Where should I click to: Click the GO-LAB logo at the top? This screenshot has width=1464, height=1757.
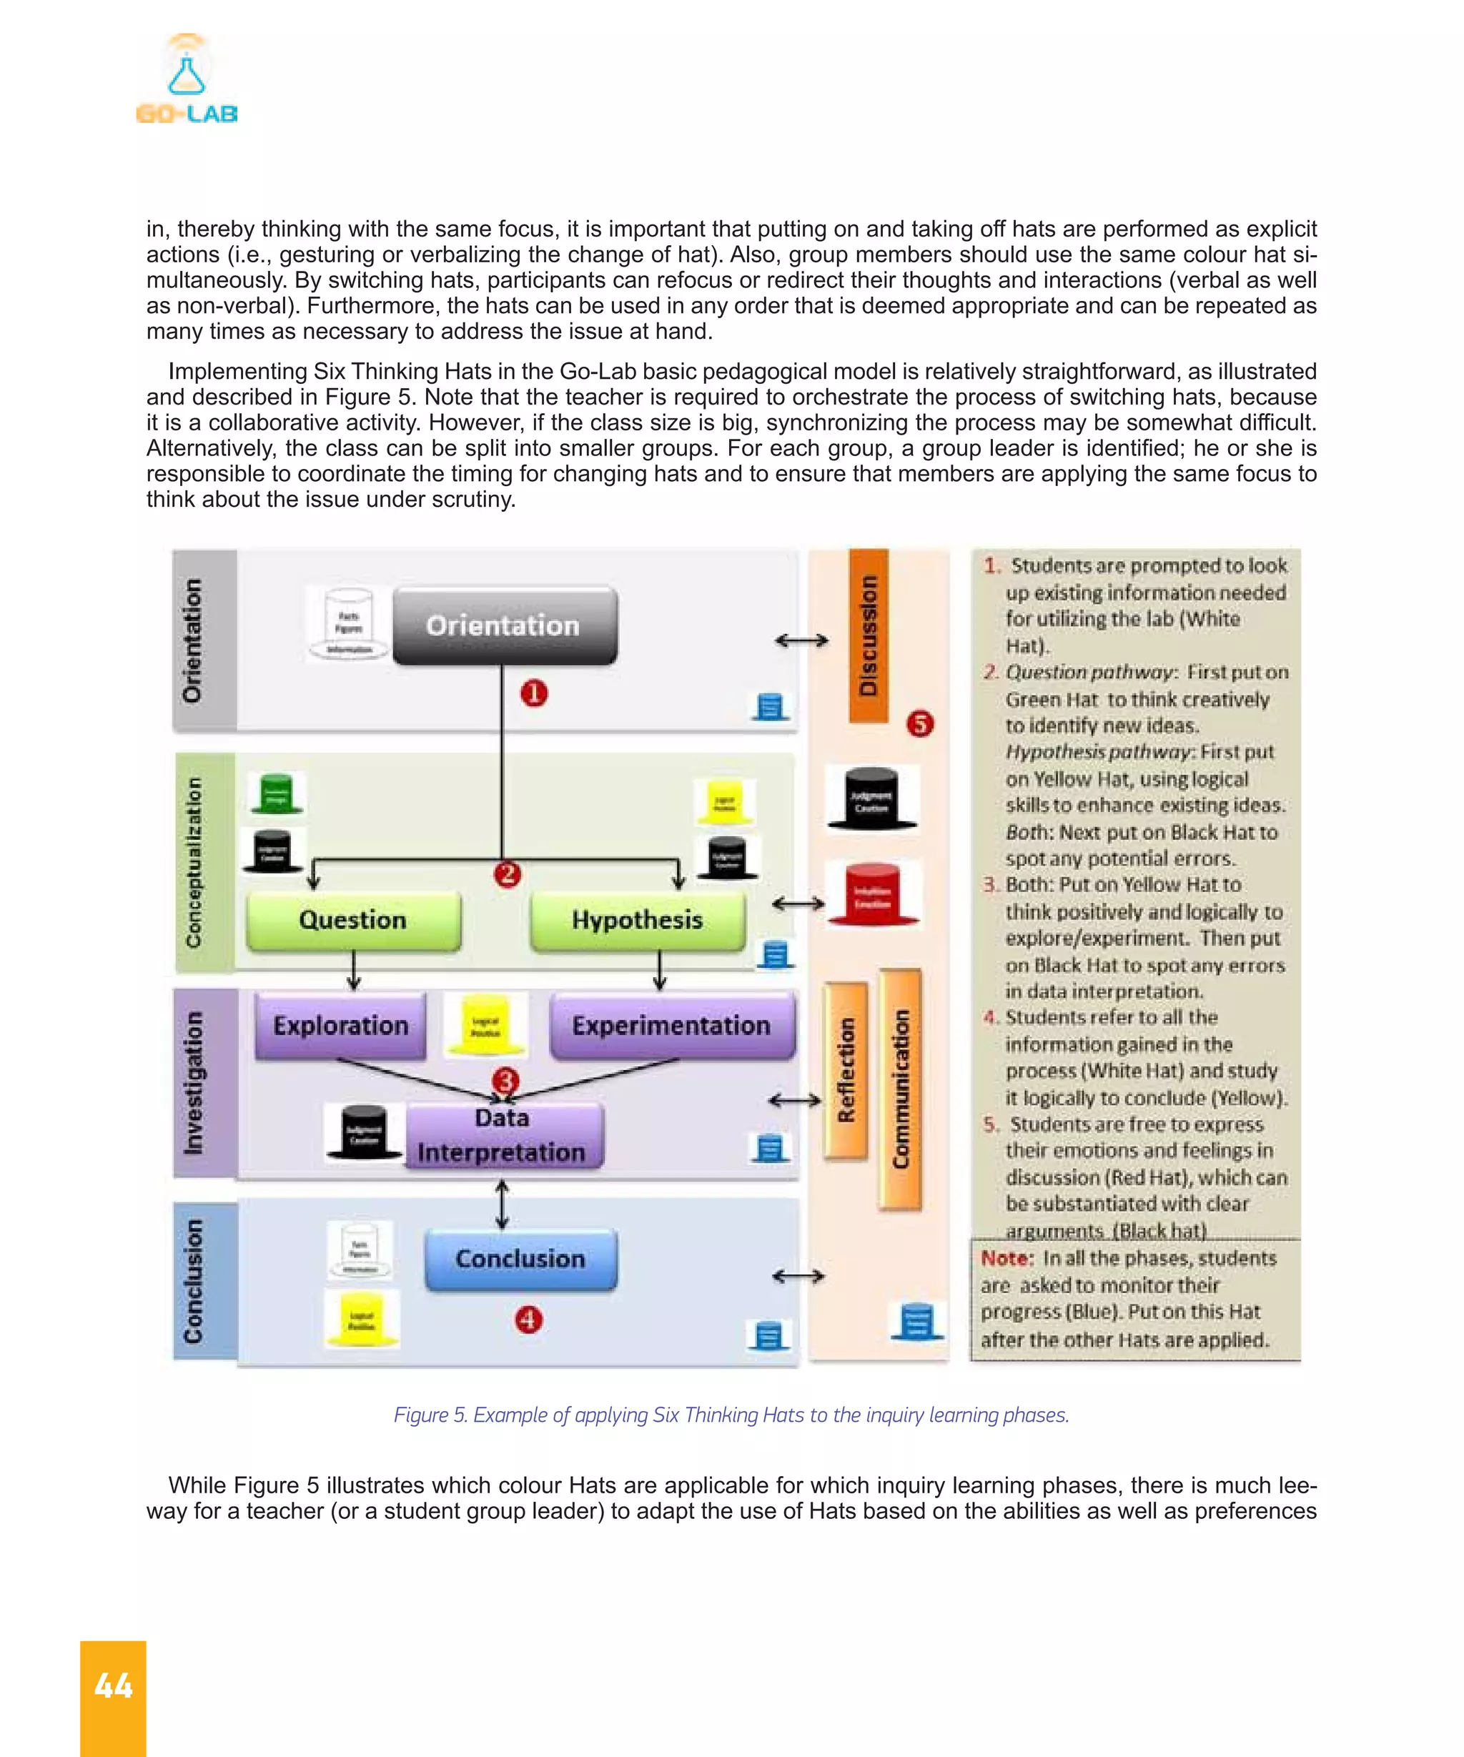click(187, 80)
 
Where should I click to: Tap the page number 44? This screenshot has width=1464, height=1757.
click(113, 1684)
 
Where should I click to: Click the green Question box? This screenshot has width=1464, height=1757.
click(353, 919)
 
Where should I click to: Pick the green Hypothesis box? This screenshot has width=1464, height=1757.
click(637, 919)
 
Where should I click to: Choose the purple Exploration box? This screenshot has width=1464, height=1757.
click(340, 1025)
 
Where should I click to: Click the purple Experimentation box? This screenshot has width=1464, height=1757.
click(671, 1025)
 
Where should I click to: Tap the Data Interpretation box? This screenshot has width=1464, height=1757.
click(502, 1135)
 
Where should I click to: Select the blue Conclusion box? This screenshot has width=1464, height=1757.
click(520, 1258)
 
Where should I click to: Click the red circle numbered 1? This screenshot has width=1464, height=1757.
click(534, 693)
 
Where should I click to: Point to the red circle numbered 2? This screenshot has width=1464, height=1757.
click(507, 874)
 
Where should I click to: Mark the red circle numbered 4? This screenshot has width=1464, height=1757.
click(528, 1320)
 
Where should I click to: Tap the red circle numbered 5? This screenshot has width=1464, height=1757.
click(919, 723)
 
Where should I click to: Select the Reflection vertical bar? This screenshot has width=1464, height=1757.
click(846, 1070)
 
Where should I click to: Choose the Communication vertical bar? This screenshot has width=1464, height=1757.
click(900, 1089)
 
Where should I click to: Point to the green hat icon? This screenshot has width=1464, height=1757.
click(276, 794)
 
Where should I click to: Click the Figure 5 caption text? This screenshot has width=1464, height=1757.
click(731, 1415)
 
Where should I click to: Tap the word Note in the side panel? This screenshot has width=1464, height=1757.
click(1004, 1258)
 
